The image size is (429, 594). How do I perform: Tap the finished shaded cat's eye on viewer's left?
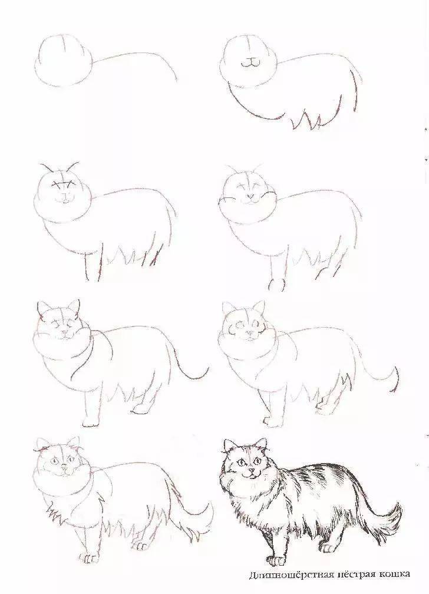point(240,462)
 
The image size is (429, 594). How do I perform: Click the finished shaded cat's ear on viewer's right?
point(261,444)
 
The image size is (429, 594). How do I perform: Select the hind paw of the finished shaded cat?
point(328,547)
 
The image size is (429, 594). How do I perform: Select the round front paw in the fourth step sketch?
point(276,285)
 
